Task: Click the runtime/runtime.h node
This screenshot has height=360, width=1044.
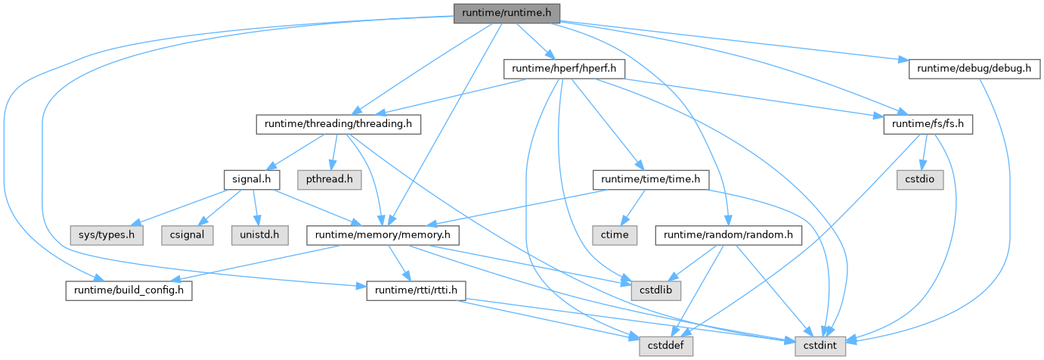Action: tap(507, 13)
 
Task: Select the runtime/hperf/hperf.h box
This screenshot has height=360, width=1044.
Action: tap(564, 69)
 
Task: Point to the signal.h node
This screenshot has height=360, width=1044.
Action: tap(252, 180)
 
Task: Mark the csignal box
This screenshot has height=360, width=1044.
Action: tap(185, 235)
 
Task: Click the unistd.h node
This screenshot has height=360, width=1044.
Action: tap(260, 235)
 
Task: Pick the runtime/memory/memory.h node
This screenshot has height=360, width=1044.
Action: tap(382, 235)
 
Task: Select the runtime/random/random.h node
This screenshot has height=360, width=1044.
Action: tap(730, 235)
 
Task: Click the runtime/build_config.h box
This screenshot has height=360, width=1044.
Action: tap(129, 290)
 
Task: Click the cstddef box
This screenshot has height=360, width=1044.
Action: tap(663, 346)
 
